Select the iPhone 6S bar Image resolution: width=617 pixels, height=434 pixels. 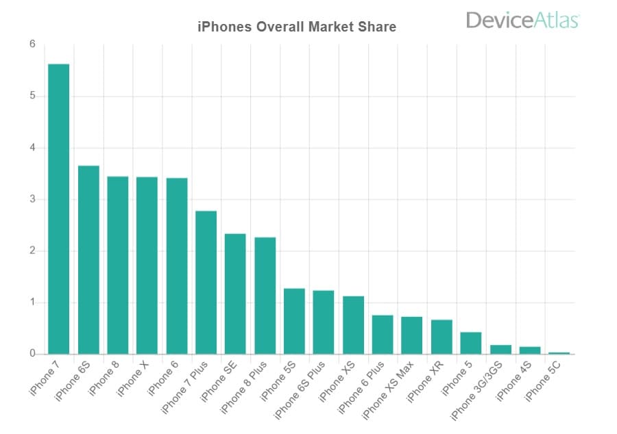coord(88,260)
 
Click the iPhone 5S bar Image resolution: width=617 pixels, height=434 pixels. coord(294,321)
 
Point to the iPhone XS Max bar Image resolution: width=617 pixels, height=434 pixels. coord(412,335)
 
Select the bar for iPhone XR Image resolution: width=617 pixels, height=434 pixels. coord(441,337)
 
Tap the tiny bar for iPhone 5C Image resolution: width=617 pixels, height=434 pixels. coord(559,353)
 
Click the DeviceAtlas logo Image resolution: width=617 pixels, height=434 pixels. coord(522,20)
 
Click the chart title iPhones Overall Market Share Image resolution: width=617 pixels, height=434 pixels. coord(297,27)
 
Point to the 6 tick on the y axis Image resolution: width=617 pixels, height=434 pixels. coord(32,44)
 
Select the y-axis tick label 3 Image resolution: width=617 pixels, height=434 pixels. coord(32,199)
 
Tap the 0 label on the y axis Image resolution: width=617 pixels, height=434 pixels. coord(32,354)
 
